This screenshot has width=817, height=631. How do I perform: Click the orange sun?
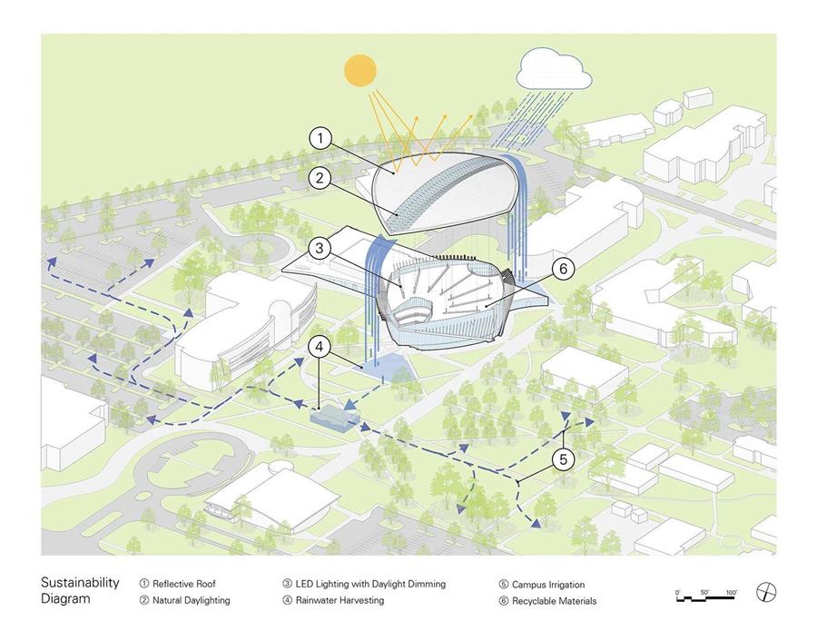point(360,70)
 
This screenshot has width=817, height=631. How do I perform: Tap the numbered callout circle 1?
point(320,139)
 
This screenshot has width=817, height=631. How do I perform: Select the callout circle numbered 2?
point(320,178)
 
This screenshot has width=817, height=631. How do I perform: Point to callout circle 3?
point(319,248)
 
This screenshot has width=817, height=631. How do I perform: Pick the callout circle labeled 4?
point(320,347)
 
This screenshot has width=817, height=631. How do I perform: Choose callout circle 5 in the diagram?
point(563,459)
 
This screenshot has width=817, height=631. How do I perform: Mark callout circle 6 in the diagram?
point(563,269)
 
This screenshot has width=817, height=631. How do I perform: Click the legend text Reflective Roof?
point(184,584)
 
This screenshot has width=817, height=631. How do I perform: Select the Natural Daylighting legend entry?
point(192,600)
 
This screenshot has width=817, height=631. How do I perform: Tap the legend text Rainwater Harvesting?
point(340,600)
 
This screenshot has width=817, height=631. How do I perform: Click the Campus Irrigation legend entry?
point(548,585)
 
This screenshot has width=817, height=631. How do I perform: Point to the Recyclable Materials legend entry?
point(554,601)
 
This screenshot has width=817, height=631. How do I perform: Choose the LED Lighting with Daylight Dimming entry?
point(370,584)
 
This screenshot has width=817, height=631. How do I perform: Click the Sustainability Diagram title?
point(80,590)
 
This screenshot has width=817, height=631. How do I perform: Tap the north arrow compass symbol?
point(766,593)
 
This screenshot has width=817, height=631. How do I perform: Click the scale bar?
point(706,598)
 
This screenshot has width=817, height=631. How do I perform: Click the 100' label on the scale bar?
point(732,593)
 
